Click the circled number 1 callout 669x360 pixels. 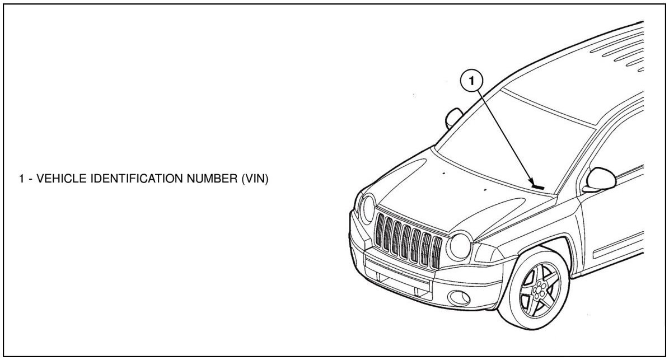point(471,81)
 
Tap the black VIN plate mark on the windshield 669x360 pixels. point(538,186)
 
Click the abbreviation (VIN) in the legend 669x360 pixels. point(255,179)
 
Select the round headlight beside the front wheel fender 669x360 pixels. point(460,246)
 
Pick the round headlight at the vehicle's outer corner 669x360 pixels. point(368,208)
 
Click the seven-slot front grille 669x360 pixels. point(408,240)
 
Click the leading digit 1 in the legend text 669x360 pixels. point(21,179)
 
